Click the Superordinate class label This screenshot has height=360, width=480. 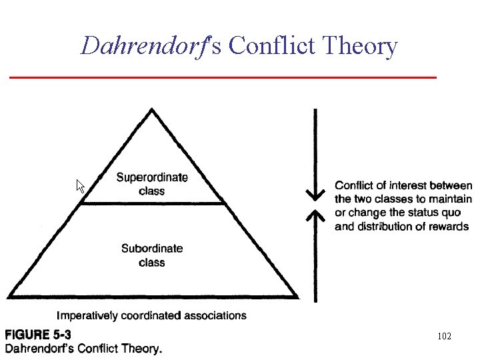(x=152, y=184)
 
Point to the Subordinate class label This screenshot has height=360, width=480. (x=152, y=255)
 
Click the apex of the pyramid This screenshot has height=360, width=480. (x=153, y=110)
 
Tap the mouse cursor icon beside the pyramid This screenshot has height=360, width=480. (x=81, y=186)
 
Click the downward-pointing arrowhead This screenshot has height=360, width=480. (x=315, y=195)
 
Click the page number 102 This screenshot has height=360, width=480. (x=444, y=336)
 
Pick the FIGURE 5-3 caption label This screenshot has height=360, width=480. (x=39, y=335)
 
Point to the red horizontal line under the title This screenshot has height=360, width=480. (x=223, y=78)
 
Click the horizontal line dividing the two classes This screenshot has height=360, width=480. (x=152, y=203)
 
